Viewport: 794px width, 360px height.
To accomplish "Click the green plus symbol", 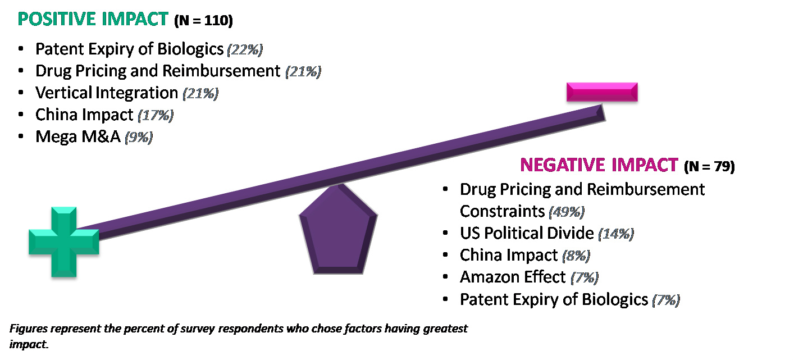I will (x=63, y=241).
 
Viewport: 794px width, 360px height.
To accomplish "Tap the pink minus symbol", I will (x=602, y=92).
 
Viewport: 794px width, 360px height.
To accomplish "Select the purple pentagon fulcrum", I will (x=337, y=229).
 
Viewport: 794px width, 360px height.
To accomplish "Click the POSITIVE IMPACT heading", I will (x=93, y=19).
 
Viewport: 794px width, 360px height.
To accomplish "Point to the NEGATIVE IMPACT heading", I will (x=599, y=165).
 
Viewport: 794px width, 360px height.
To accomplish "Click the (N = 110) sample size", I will (x=203, y=21).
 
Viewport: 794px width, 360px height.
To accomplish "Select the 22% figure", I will (x=245, y=50).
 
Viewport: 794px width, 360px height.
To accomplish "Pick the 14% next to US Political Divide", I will (x=616, y=234).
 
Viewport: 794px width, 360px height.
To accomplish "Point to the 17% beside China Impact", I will (x=156, y=116).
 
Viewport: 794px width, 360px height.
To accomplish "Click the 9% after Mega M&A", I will (x=138, y=138).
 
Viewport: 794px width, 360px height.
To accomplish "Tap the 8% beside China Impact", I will (x=575, y=256).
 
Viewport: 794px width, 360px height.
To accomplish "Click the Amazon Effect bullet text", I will (x=512, y=277).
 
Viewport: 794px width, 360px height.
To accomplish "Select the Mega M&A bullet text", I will (x=78, y=137).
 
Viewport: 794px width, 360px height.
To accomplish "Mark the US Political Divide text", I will (x=526, y=233).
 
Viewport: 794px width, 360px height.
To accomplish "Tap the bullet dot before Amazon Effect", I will (x=446, y=277).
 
